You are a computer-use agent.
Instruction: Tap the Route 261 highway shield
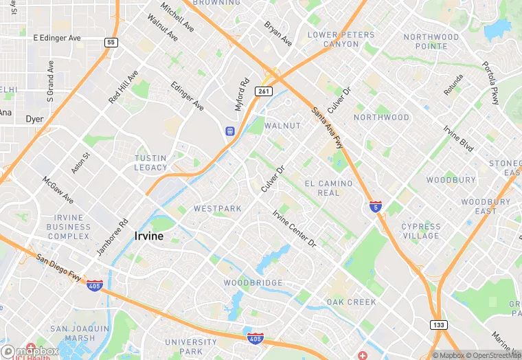pyautogui.click(x=265, y=91)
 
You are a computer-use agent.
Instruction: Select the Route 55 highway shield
pyautogui.click(x=111, y=43)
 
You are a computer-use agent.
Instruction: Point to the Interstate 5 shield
pyautogui.click(x=375, y=206)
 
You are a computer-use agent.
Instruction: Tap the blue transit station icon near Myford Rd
pyautogui.click(x=230, y=131)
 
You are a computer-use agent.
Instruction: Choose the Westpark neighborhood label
pyautogui.click(x=217, y=208)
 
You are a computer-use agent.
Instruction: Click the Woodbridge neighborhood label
pyautogui.click(x=253, y=283)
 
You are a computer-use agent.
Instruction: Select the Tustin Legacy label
pyautogui.click(x=151, y=163)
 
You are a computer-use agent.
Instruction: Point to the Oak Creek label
pyautogui.click(x=351, y=302)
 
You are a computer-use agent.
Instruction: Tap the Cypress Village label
pyautogui.click(x=420, y=231)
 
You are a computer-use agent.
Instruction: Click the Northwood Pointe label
pyautogui.click(x=431, y=41)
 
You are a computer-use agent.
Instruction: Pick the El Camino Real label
pyautogui.click(x=328, y=188)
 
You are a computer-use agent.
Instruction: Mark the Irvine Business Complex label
pyautogui.click(x=69, y=227)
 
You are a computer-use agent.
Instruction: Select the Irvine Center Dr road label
pyautogui.click(x=294, y=229)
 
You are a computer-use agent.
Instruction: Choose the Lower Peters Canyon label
pyautogui.click(x=332, y=39)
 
